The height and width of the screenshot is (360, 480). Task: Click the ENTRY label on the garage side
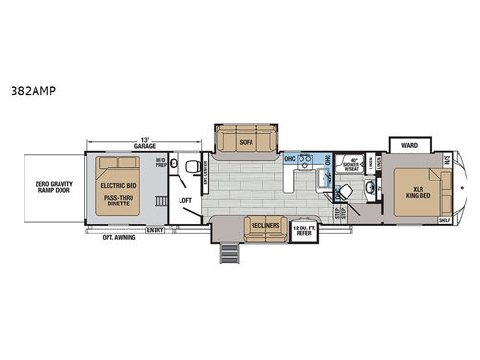[x=155, y=230]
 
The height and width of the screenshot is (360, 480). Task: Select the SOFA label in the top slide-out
[x=245, y=139]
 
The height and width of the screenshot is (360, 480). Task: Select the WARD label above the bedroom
[x=408, y=147]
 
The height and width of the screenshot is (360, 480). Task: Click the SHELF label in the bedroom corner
[x=444, y=220]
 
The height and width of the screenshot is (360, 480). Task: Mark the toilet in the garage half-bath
[x=189, y=163]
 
